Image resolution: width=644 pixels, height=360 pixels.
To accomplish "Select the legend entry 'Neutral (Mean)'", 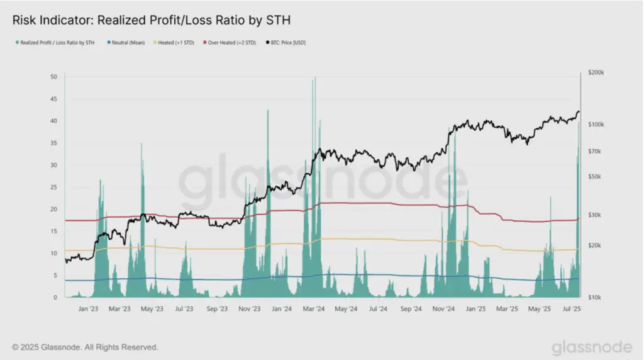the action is pos(126,42).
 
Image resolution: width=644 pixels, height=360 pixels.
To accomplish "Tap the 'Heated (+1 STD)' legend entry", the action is pos(174,42).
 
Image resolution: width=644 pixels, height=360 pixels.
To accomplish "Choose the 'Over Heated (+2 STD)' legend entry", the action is pos(230,42).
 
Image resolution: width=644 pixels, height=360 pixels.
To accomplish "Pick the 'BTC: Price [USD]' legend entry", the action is pos(286,42).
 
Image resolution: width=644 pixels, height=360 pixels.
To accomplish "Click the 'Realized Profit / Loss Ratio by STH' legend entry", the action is pos(55,42).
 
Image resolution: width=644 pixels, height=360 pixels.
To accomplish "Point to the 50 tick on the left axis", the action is pos(54,77).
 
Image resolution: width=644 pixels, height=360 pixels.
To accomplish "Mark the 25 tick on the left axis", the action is pos(54,187).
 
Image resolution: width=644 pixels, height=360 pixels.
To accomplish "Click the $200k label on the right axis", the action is pos(596,72).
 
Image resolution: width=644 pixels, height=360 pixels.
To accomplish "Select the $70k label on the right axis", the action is pos(594,151).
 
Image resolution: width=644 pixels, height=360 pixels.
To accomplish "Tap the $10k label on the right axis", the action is pos(594,297).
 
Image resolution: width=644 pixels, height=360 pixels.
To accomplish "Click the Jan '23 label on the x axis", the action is pos(88,308).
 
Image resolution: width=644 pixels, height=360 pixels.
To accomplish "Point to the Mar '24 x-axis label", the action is pos(314,308).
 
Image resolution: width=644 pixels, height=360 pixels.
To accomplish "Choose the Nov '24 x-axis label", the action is pos(443,308).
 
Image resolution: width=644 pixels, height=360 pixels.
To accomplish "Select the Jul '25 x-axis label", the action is pos(572,308).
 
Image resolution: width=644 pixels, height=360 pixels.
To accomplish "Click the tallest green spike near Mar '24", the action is pos(315,78).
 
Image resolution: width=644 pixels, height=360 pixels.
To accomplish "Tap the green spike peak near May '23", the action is pos(142,144).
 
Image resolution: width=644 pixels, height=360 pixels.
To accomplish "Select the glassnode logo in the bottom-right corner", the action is pos(592,347).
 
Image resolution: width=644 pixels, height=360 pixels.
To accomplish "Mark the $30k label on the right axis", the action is pos(594,215).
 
